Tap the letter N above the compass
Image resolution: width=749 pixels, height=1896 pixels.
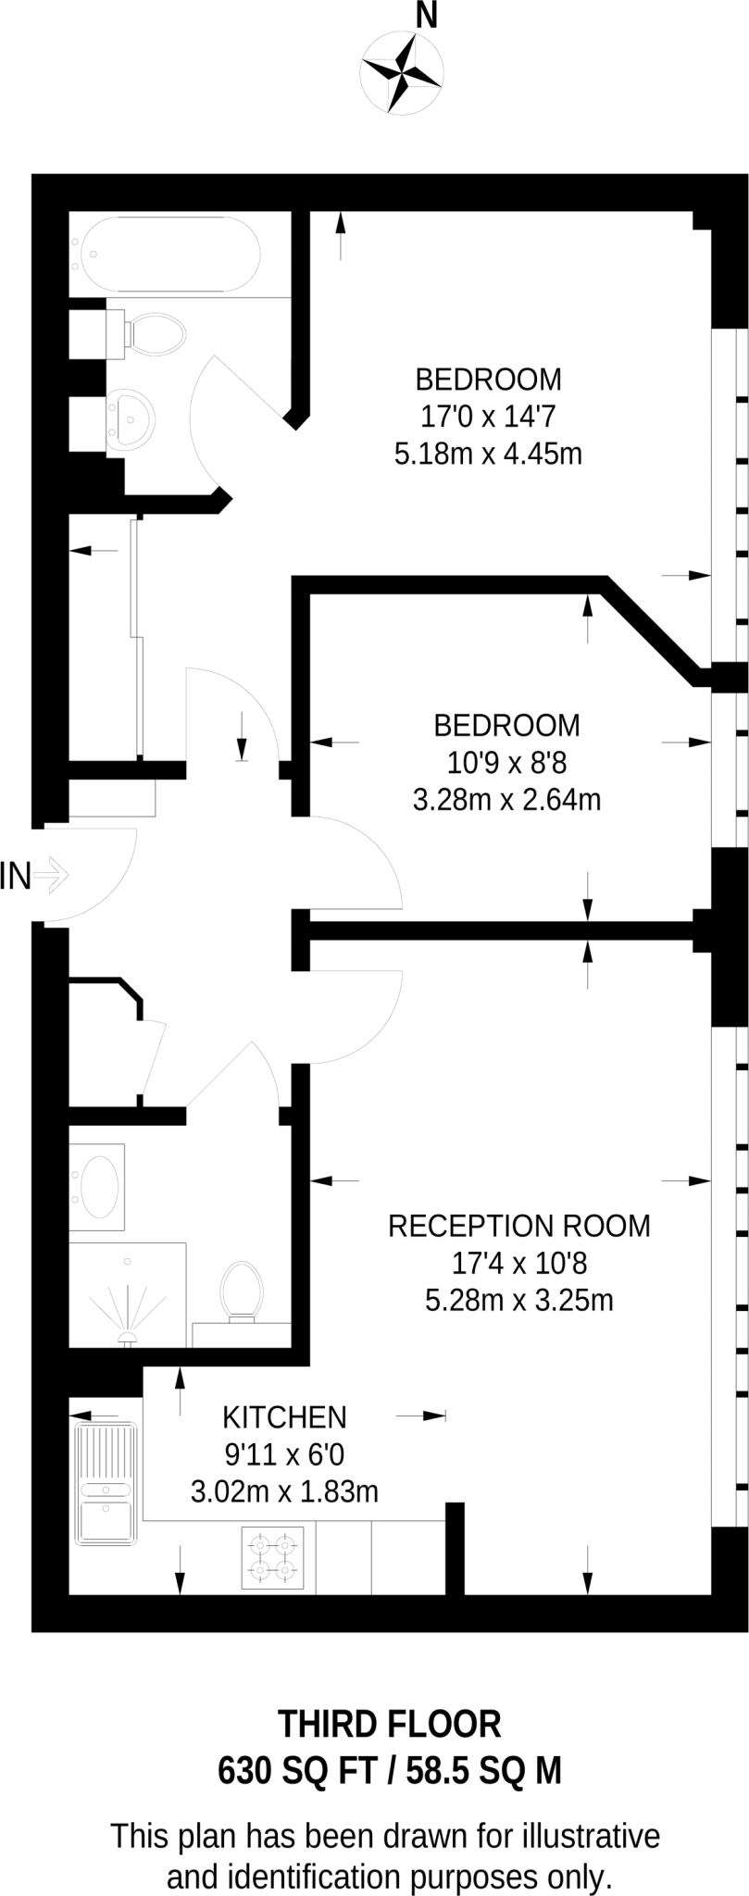point(427,16)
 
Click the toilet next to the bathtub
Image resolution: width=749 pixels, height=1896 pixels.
point(153,332)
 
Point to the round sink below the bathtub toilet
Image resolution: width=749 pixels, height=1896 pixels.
point(127,422)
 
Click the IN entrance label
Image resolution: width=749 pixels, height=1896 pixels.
point(16,875)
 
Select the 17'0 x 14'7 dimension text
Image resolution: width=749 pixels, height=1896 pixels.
point(488,417)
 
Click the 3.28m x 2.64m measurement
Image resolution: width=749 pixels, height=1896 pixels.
point(506,799)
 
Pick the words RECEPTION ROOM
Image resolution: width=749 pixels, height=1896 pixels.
point(518,1226)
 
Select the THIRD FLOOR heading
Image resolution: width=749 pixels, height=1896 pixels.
point(390,1724)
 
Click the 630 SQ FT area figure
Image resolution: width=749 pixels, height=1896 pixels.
point(298,1771)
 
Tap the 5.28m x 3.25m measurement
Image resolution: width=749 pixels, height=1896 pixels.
point(518,1300)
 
